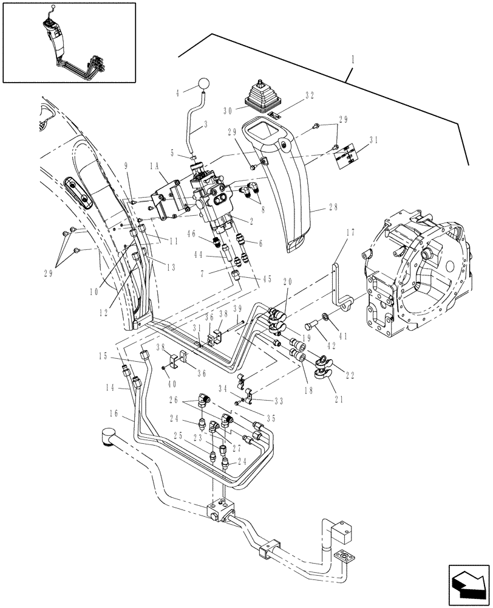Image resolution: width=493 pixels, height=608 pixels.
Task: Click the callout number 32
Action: (x=309, y=95)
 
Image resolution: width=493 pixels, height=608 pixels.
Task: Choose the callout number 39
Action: (x=237, y=308)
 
